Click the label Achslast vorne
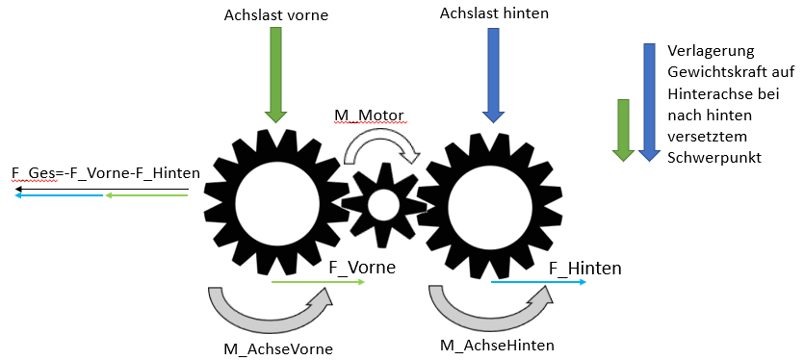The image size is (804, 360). [275, 14]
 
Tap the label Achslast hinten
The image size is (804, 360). [494, 13]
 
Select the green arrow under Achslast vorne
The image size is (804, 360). [275, 75]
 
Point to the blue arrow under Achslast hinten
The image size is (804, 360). [493, 75]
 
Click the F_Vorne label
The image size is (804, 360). [362, 268]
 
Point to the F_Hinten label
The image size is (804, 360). [585, 269]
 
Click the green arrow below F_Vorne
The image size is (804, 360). [318, 282]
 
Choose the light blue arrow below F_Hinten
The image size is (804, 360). [538, 281]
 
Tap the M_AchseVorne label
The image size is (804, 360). [278, 349]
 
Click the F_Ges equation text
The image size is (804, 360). [105, 173]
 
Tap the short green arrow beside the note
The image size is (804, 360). [623, 130]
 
